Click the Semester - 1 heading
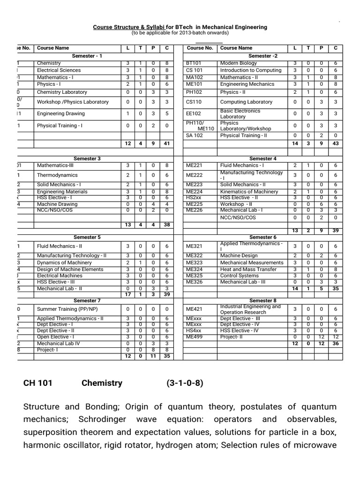point(87,56)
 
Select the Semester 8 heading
point(263,300)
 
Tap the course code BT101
point(193,63)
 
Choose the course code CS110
point(193,102)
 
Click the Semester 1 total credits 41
point(166,143)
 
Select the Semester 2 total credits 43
point(335,143)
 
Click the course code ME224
point(194,192)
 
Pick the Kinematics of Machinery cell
point(249,192)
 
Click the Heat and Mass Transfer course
point(248,270)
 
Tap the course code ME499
point(194,337)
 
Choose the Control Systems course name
point(239,276)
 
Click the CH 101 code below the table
point(38,383)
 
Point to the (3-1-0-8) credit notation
point(185,383)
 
